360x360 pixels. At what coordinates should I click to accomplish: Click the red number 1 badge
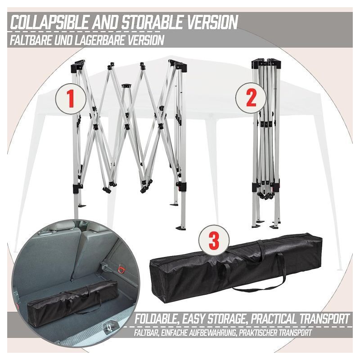pyautogui.click(x=71, y=99)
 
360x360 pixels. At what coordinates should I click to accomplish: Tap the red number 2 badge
pyautogui.click(x=251, y=98)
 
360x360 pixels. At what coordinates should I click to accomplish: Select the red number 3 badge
pyautogui.click(x=214, y=240)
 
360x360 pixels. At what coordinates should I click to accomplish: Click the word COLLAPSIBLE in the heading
pyautogui.click(x=49, y=22)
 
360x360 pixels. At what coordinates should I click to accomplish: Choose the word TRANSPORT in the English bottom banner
pyautogui.click(x=328, y=319)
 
